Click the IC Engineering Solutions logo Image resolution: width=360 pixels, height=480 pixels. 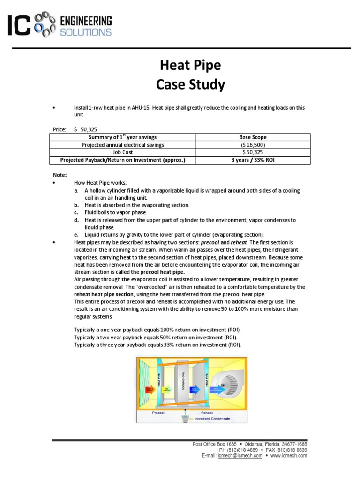point(60,26)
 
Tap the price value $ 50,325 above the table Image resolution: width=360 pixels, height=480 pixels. point(86,129)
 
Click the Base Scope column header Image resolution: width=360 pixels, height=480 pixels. point(253,137)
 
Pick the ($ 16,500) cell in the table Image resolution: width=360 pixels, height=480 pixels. point(253,145)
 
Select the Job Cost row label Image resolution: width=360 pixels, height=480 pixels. point(122,152)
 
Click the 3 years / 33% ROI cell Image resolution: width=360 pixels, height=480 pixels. point(253,160)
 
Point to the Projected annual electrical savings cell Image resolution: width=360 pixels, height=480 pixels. point(123,145)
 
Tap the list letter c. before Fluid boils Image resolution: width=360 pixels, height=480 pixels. point(76,212)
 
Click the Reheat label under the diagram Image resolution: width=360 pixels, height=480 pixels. point(207,413)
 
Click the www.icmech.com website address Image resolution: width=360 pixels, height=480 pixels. point(289,455)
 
